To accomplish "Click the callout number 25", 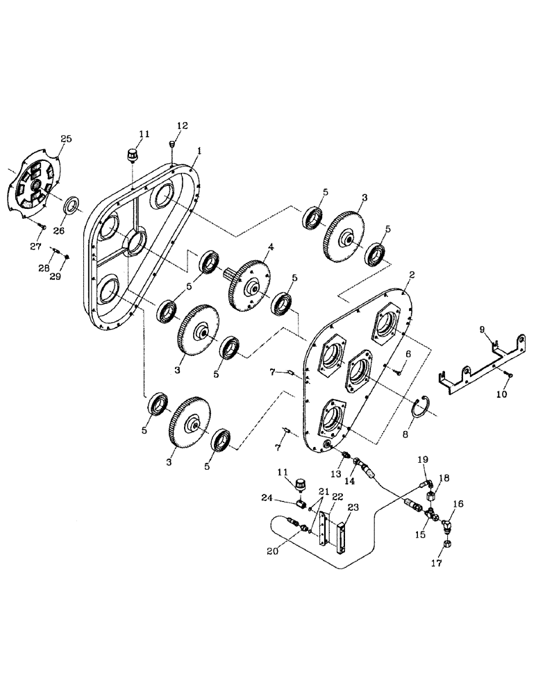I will click(66, 139).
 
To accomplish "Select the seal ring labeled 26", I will click(72, 205).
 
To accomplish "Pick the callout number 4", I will click(271, 246).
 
